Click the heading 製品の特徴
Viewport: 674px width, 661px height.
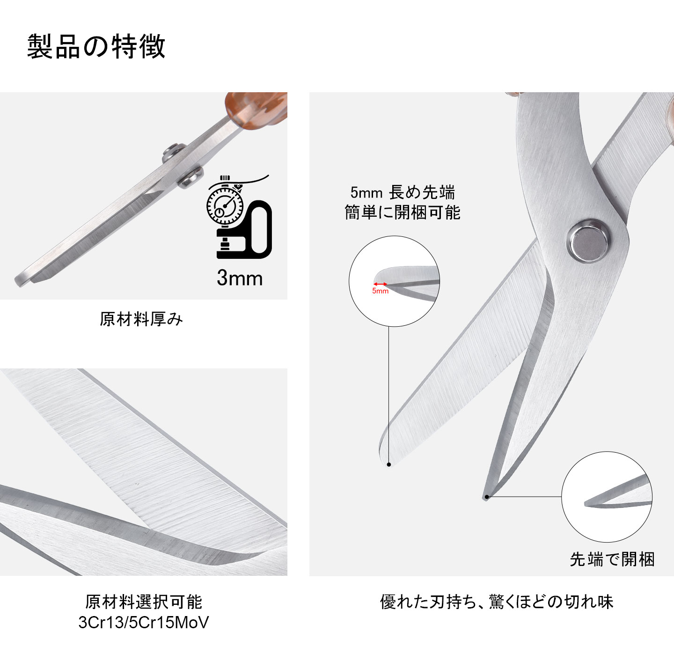point(96,46)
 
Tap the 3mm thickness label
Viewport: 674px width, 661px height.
point(239,278)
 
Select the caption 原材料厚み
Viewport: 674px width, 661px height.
point(141,319)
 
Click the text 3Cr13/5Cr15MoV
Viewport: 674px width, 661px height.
point(143,623)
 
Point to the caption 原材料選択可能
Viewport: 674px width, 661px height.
point(143,602)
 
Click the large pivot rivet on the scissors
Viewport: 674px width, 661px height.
point(589,241)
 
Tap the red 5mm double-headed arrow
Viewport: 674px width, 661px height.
point(380,284)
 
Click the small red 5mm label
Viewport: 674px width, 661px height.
point(380,291)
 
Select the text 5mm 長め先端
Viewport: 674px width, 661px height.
point(403,192)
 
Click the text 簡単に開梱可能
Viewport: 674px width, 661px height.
point(403,213)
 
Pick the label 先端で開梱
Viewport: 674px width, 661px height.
point(612,559)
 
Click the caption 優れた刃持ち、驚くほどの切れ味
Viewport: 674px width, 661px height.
point(496,602)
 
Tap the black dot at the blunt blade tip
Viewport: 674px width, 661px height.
point(389,464)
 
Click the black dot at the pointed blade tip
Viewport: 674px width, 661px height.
point(487,497)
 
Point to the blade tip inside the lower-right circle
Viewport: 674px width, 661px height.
point(588,504)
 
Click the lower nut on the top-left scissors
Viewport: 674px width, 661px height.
point(190,177)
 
